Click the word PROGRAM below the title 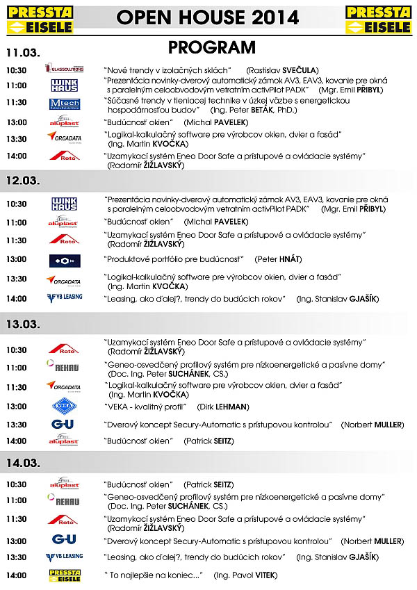(211, 47)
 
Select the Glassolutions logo (64, 69)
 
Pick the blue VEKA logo (64, 407)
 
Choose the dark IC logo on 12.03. (64, 261)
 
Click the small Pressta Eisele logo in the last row (65, 575)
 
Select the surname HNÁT (289, 259)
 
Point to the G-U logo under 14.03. (64, 539)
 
